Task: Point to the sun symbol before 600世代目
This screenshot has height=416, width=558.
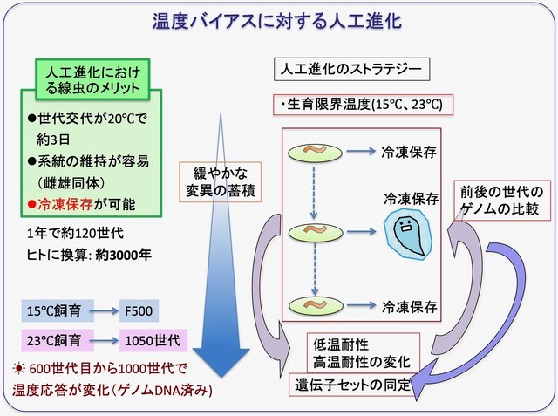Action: [x=20, y=370]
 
